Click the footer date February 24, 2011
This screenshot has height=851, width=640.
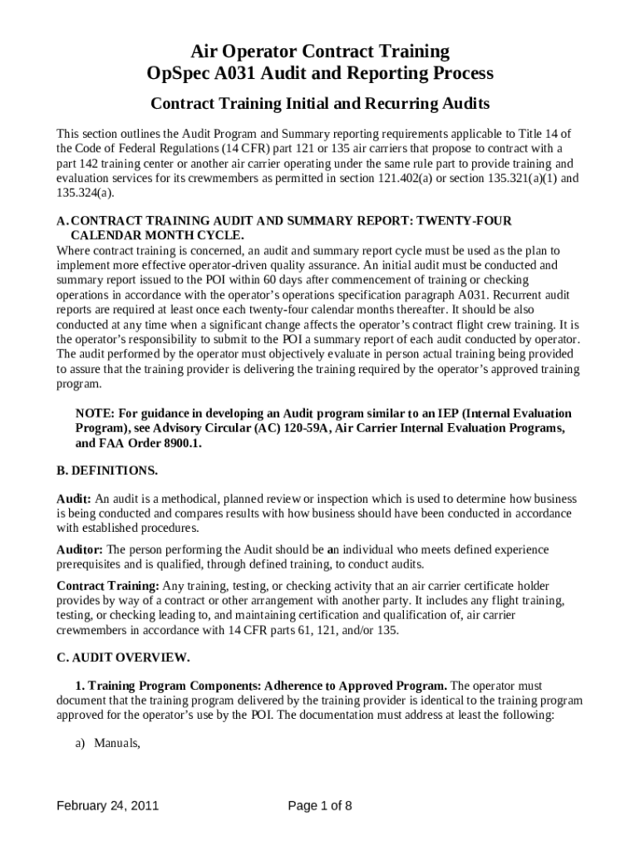point(108,805)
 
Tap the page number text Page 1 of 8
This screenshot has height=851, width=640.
point(320,805)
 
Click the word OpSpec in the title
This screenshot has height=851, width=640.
point(175,73)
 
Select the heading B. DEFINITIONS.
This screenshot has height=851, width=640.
point(107,470)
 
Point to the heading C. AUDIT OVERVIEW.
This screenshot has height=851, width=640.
point(123,657)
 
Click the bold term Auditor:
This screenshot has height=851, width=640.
point(80,549)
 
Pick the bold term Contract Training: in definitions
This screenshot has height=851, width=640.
point(107,586)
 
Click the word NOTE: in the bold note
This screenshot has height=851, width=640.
point(96,413)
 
